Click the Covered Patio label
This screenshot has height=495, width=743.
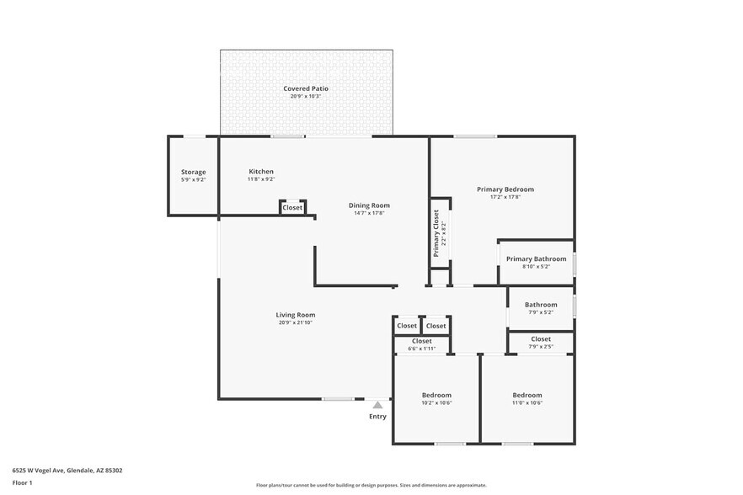[x=306, y=88]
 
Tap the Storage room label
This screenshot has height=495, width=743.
[x=193, y=172]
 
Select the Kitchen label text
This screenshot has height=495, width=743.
[x=260, y=172]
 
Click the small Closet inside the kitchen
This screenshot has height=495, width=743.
[x=292, y=207]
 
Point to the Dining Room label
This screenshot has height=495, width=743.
[x=369, y=205]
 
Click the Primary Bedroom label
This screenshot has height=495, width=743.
[x=505, y=189]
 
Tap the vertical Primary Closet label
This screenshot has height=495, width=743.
[x=436, y=233]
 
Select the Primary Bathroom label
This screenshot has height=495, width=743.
[x=536, y=258]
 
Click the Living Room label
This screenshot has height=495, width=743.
[x=295, y=315]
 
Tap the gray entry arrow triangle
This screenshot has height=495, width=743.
[x=377, y=405]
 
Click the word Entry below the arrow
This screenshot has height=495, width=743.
[x=377, y=416]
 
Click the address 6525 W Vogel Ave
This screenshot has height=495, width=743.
[x=50, y=471]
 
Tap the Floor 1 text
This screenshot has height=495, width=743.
[x=22, y=482]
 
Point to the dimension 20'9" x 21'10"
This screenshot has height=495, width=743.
[x=295, y=323]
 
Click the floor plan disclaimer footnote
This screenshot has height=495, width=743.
[x=371, y=485]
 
